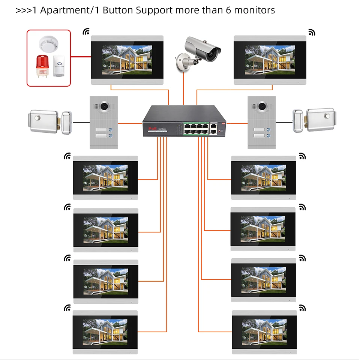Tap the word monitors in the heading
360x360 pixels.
click(x=255, y=10)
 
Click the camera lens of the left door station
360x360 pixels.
click(x=104, y=106)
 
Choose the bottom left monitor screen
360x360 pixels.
click(x=105, y=332)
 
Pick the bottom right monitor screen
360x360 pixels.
click(x=264, y=332)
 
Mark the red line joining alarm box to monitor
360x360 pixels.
click(x=81, y=57)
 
